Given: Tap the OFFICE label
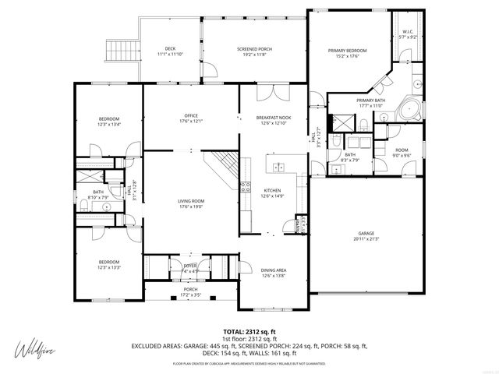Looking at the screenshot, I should [192, 118].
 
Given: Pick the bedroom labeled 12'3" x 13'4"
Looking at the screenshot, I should [108, 121].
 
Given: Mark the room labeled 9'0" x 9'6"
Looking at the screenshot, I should [402, 153].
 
